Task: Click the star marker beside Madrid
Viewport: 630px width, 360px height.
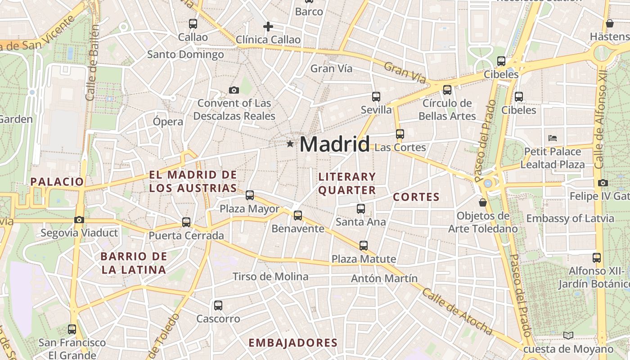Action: [290, 144]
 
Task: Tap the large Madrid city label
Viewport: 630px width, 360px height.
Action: [334, 144]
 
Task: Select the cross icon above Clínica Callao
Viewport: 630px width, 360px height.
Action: [268, 27]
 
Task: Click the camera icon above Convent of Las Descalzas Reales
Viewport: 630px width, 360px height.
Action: [234, 90]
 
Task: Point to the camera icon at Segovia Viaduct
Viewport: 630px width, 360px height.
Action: [79, 220]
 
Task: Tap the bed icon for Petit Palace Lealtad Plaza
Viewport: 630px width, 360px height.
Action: [553, 138]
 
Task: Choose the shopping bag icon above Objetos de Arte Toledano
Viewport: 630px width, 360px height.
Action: [483, 203]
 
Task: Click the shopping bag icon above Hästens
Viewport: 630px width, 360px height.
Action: [610, 23]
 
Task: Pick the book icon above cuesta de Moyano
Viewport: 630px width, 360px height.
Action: [568, 336]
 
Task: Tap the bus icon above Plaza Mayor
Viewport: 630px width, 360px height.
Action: [250, 195]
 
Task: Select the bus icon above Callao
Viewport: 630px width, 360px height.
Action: [193, 24]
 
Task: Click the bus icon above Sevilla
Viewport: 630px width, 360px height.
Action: [376, 97]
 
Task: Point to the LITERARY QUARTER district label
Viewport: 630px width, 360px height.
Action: [346, 183]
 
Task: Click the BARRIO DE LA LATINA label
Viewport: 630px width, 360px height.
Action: [134, 263]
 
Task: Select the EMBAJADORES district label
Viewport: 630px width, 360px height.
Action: [293, 343]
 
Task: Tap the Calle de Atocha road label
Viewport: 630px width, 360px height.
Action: [457, 311]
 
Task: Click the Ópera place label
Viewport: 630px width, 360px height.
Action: [168, 121]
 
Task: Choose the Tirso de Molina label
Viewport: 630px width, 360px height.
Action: [270, 276]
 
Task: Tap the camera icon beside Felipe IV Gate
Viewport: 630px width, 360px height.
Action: [603, 183]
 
